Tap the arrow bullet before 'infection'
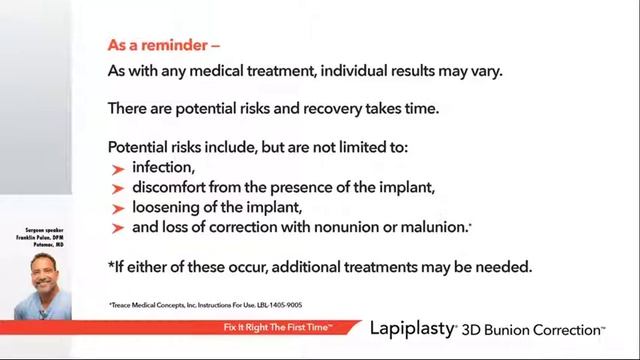pyautogui.click(x=118, y=169)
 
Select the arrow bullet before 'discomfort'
pyautogui.click(x=118, y=188)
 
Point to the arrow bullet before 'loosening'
pyautogui.click(x=118, y=208)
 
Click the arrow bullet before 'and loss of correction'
pyautogui.click(x=118, y=228)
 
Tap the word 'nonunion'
pyautogui.click(x=350, y=228)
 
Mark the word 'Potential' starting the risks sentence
pyautogui.click(x=141, y=147)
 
